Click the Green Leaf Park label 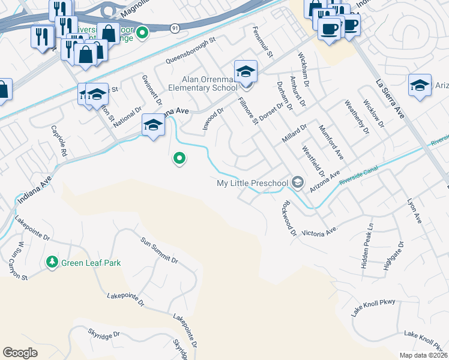point(91,263)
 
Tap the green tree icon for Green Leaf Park point(52,262)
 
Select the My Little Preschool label point(253,182)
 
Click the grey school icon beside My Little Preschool point(297,182)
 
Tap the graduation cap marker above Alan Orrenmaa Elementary point(246,72)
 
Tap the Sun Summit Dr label point(160,251)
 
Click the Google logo point(20,353)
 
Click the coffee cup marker point(328,29)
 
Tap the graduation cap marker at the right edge point(420,85)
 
